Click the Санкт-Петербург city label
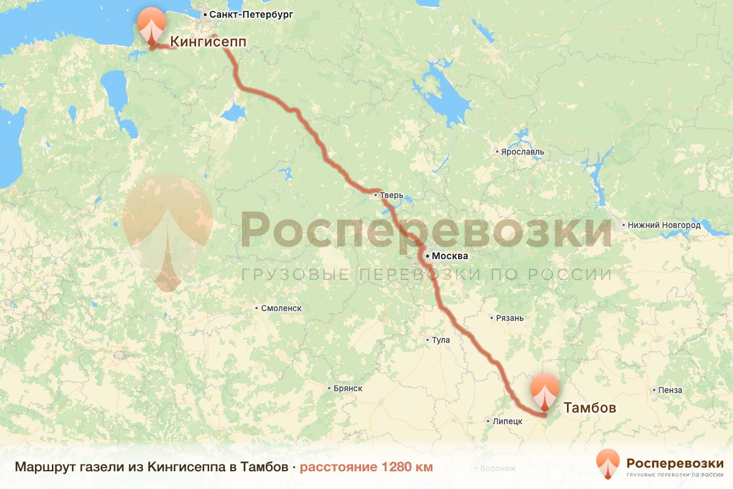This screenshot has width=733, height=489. (x=251, y=13)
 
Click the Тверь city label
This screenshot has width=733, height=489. (x=392, y=196)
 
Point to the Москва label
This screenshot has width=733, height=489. (x=450, y=256)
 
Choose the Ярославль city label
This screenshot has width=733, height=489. (x=522, y=152)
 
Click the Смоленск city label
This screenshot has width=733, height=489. (x=281, y=309)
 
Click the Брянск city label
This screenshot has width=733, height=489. (x=348, y=388)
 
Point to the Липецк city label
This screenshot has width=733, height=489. (x=507, y=421)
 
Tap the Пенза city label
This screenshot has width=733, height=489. (x=670, y=390)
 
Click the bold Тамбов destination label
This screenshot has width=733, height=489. (x=589, y=408)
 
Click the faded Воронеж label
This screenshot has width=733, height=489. (x=498, y=469)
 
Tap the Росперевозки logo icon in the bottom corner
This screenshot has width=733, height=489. (x=608, y=463)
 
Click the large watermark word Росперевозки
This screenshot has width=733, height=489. (x=426, y=229)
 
